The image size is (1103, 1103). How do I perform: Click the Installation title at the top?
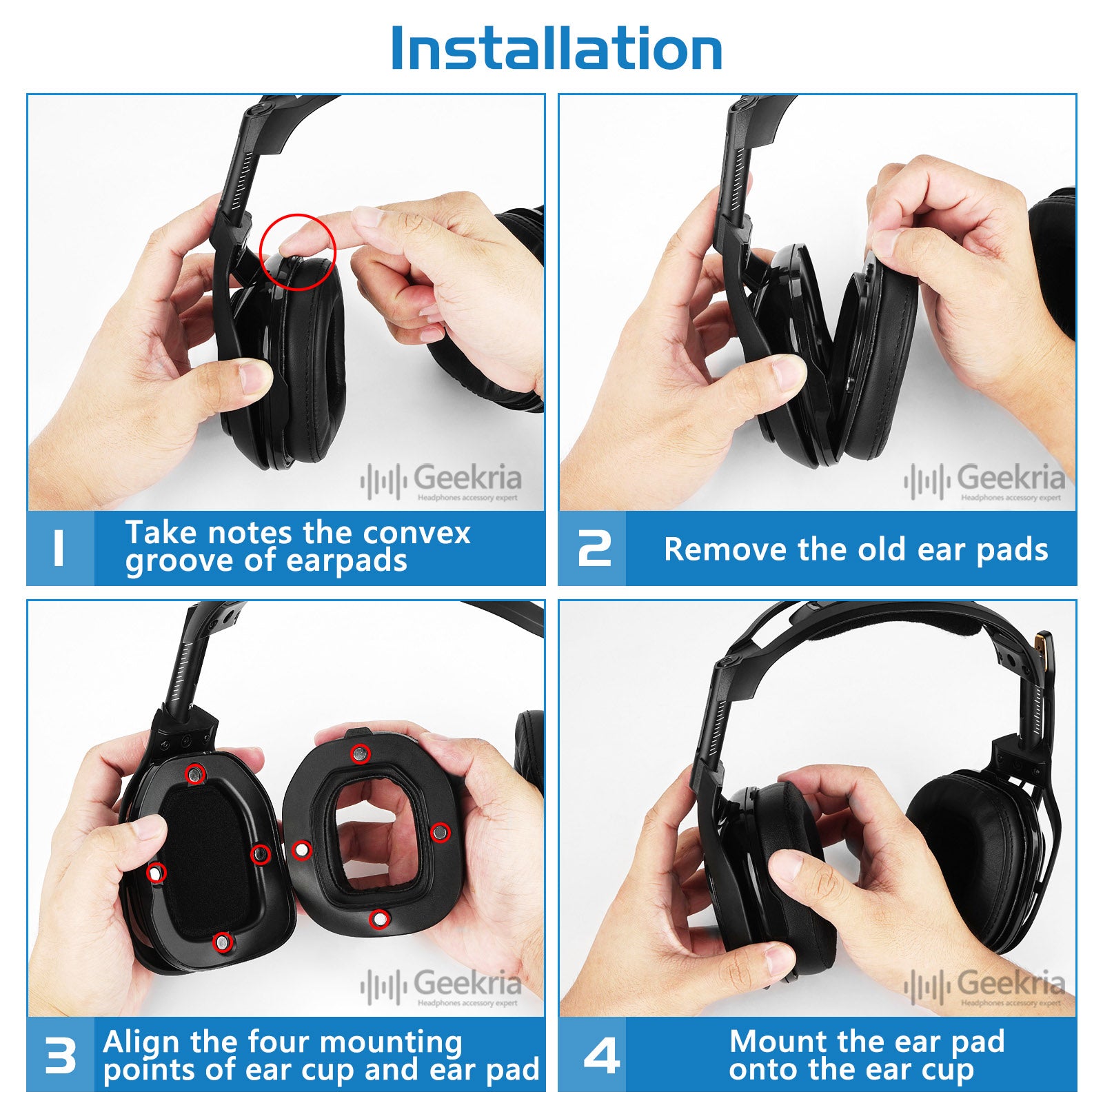[556, 48]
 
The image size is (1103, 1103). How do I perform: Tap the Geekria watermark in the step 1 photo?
[441, 480]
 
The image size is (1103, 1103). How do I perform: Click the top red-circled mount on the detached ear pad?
[359, 754]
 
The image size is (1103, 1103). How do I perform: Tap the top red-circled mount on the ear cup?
[196, 775]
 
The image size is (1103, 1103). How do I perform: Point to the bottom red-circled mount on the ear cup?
[221, 942]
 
